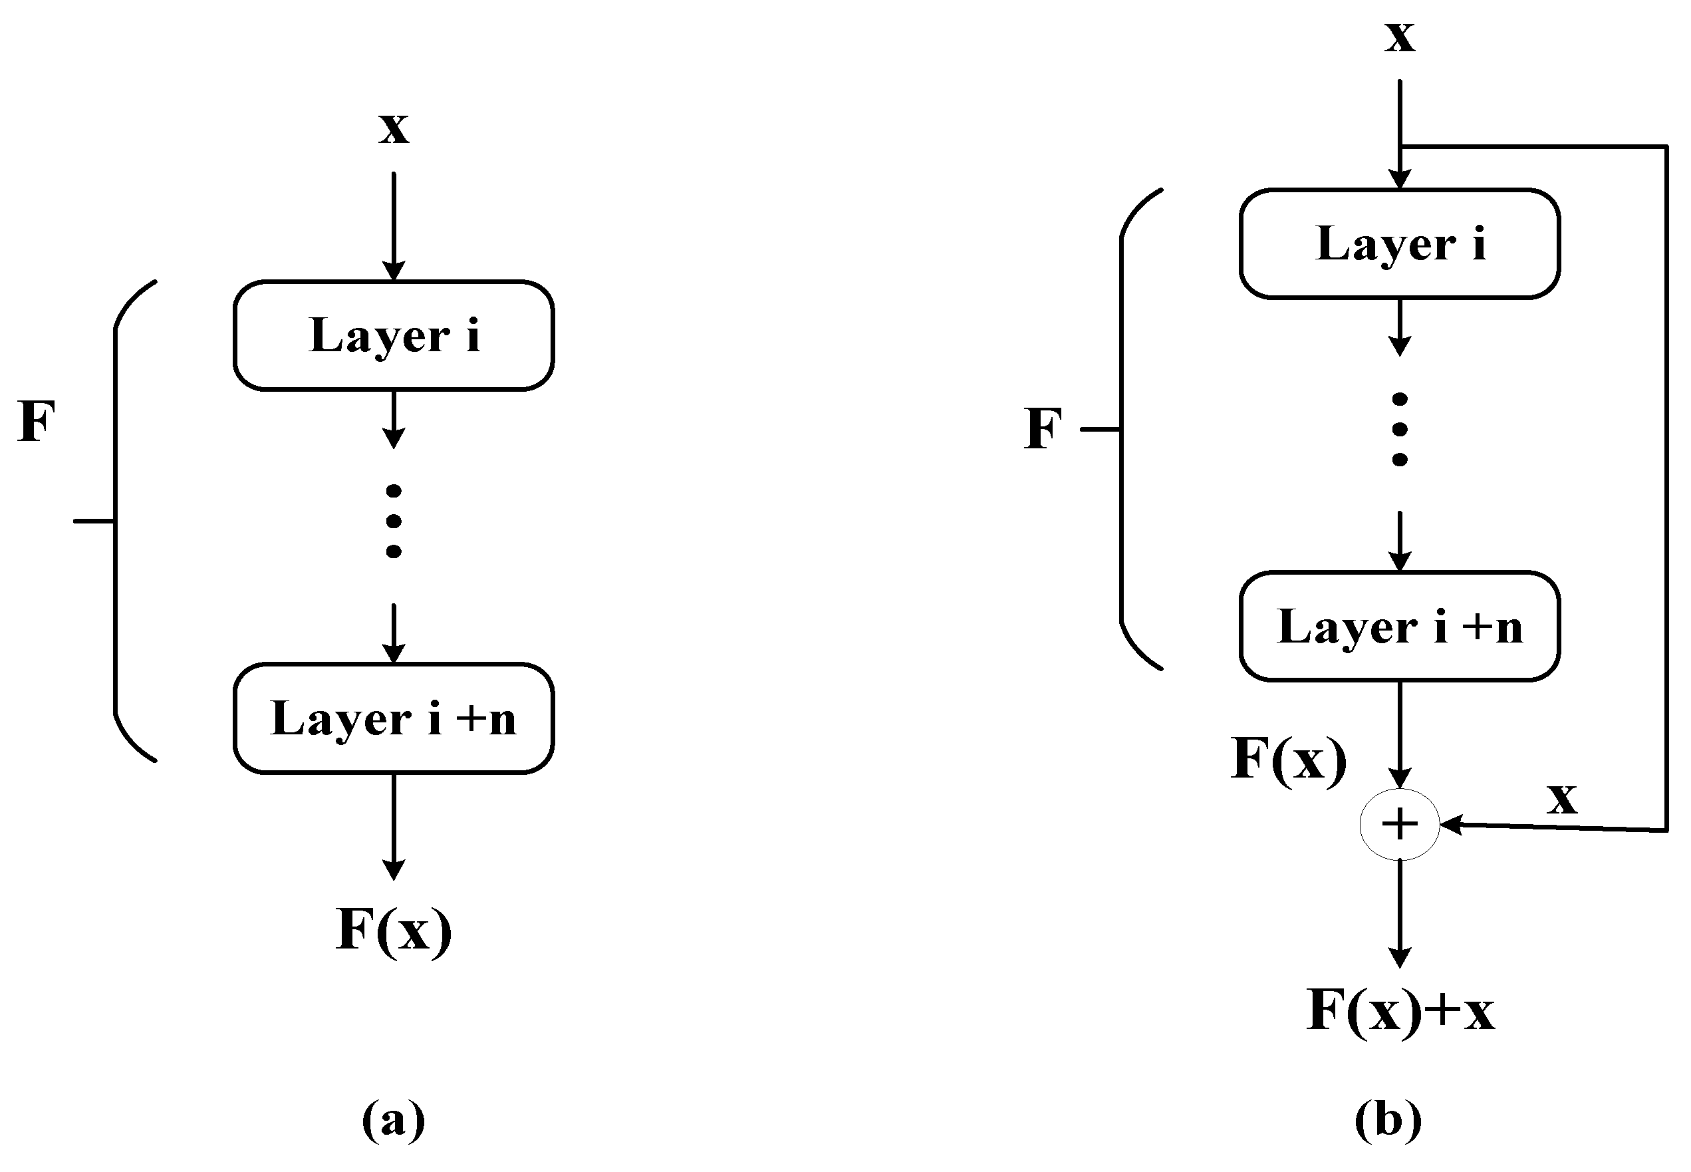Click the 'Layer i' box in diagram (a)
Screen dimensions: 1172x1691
pos(394,336)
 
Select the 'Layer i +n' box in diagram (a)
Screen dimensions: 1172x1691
pos(394,718)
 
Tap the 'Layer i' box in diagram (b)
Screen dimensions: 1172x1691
pos(1399,244)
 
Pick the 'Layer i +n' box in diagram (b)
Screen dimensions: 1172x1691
pos(1399,627)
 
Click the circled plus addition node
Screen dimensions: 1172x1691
pos(1399,825)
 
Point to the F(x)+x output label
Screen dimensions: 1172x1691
pos(1399,1010)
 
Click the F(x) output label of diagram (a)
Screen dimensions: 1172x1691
pos(394,930)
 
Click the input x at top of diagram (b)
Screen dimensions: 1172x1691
pos(1399,35)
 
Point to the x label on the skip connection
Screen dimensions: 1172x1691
pos(1561,798)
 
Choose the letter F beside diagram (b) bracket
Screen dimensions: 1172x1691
pos(1042,428)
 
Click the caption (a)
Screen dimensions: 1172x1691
pos(394,1120)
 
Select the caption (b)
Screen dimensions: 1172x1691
pos(1387,1120)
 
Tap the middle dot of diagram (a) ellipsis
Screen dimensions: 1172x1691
pos(394,521)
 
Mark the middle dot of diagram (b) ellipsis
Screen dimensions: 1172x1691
pos(1399,430)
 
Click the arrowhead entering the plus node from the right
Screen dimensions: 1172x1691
pos(1450,825)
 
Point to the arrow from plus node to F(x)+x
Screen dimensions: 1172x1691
pos(1399,914)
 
